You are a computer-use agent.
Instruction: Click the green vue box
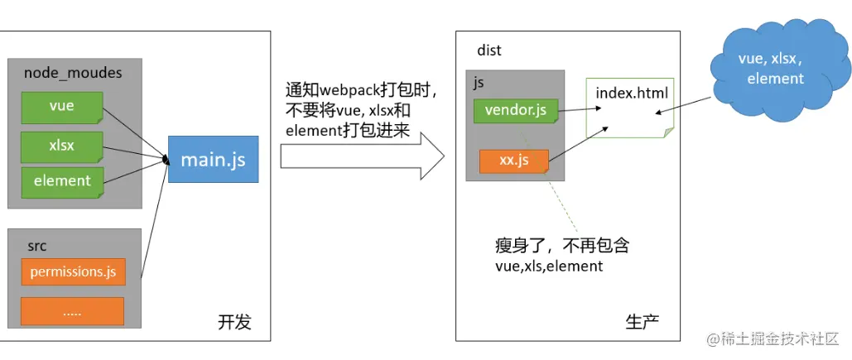pos(62,107)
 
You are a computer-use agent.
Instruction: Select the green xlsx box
pos(62,146)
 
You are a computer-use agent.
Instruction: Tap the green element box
pos(62,180)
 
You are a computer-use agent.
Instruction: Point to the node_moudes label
pos(73,73)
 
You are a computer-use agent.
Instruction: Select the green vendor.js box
pos(516,109)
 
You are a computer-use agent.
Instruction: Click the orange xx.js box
pos(514,160)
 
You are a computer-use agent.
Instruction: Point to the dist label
pos(489,50)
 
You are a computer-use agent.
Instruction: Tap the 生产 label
pos(643,322)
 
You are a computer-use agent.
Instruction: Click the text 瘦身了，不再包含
pos(556,247)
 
